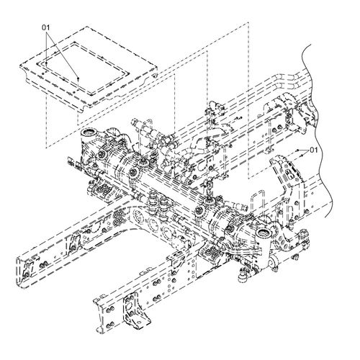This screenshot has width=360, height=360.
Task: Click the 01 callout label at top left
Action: pyautogui.click(x=46, y=27)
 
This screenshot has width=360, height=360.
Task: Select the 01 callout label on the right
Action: pyautogui.click(x=314, y=150)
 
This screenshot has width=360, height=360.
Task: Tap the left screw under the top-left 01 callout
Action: pyautogui.click(x=46, y=63)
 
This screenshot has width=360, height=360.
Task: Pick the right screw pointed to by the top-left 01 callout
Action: pyautogui.click(x=78, y=78)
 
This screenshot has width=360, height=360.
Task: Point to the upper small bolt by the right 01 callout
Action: pyautogui.click(x=297, y=150)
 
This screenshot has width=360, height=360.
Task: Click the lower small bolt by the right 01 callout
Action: pyautogui.click(x=302, y=156)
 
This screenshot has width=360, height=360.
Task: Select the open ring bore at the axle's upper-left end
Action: pyautogui.click(x=89, y=132)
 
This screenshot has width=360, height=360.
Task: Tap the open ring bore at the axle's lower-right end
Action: pyautogui.click(x=264, y=233)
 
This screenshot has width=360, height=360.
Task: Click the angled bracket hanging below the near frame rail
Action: pyautogui.click(x=135, y=310)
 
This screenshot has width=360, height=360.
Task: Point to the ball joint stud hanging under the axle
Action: pyautogui.click(x=242, y=276)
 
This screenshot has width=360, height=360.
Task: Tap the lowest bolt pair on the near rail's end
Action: pyautogui.click(x=109, y=325)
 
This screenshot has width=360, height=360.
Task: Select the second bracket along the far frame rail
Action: pyautogui.click(x=73, y=245)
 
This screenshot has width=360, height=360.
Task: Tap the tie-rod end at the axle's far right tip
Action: pyautogui.click(x=303, y=236)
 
